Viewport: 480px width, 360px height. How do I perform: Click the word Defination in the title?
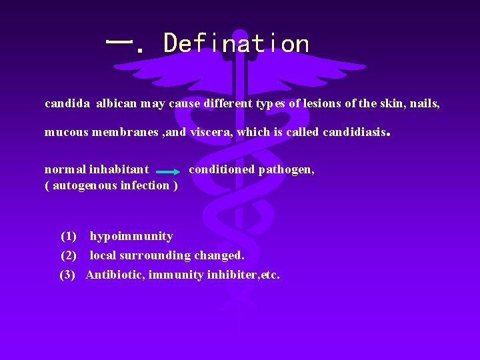coord(237,44)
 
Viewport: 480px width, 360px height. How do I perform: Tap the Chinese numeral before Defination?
coord(119,43)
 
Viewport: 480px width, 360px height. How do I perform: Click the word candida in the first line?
coord(67,104)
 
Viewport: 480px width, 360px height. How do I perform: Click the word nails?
coord(424,104)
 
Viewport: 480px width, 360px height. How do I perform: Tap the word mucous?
coord(65,132)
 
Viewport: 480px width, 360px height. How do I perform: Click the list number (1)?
coord(69,236)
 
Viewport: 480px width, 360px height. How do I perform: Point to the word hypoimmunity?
coord(131,236)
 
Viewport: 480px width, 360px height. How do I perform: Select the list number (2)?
coord(69,255)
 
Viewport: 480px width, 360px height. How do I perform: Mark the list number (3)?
coord(69,275)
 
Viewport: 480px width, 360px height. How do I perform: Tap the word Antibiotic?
coord(115,275)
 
